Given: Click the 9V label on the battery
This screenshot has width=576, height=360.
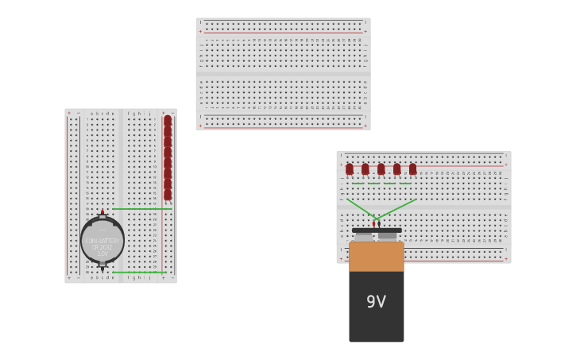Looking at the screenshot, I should pos(376,302).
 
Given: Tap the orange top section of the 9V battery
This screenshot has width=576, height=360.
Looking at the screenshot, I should pos(376,256).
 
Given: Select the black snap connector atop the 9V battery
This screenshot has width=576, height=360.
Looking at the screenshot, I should pos(377,230).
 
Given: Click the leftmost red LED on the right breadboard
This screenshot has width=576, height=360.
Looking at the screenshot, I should pos(350,168).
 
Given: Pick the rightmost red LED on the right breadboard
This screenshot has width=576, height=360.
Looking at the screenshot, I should pos(412,168).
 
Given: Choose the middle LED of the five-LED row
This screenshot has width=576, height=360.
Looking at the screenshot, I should pos(381,168).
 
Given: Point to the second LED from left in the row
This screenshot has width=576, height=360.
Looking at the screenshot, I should pos(365,168).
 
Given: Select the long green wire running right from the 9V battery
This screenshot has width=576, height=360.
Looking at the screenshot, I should pos(397,208).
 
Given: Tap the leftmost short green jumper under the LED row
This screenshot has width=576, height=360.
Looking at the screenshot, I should pos(358,184).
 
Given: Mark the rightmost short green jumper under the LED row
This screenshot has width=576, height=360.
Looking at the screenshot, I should pos(405,184).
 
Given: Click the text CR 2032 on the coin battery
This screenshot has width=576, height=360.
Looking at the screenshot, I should pos(102,247).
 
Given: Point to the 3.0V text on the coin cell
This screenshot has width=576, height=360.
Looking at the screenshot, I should pos(102,254).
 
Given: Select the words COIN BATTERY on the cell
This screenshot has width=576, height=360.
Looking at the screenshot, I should pos(102,240).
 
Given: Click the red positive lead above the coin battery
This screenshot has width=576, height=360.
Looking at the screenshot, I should pos(102,212).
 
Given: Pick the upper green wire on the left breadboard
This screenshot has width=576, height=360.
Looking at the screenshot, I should pos(141,209).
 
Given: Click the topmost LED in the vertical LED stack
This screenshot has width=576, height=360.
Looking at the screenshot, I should pos(168,121).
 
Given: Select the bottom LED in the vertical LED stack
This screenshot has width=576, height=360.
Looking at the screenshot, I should pos(168,194).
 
